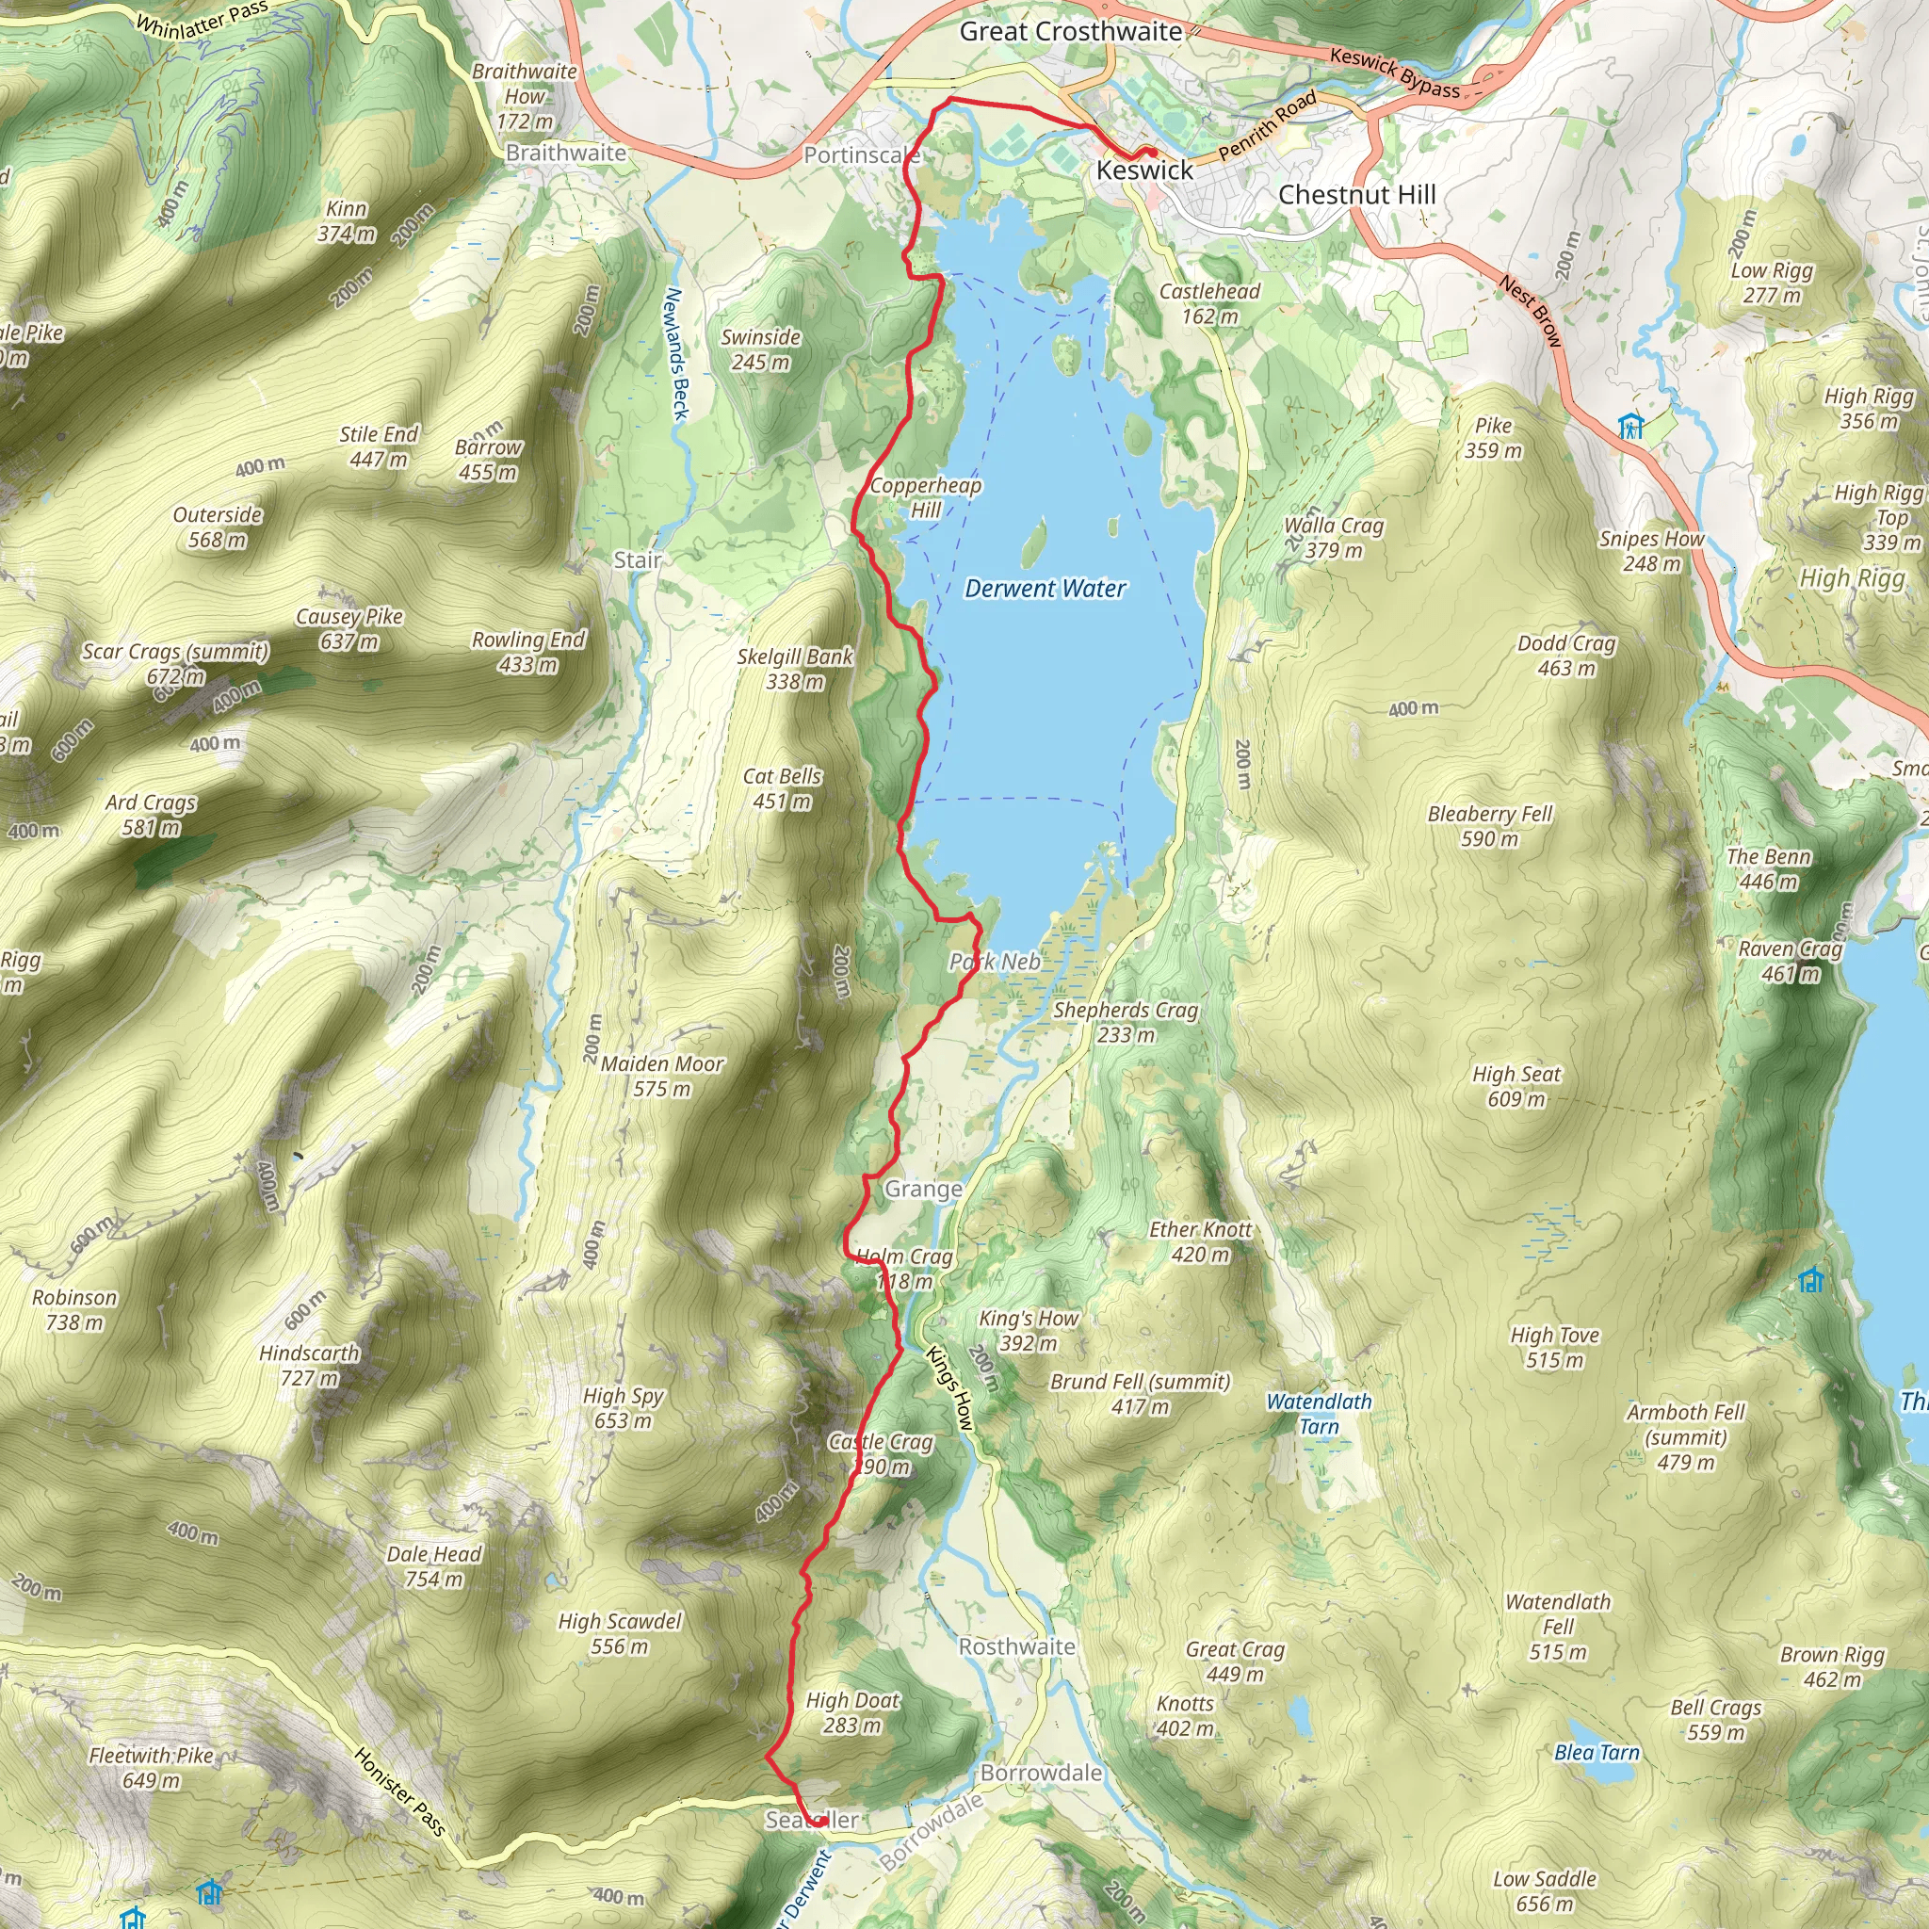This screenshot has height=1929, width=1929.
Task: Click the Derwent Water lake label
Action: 1045,589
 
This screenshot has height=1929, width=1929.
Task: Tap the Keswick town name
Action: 1144,170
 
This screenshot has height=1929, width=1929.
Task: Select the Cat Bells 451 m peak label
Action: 782,788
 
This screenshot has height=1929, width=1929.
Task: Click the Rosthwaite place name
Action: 1016,1646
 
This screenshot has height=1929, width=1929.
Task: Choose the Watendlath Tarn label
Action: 1319,1414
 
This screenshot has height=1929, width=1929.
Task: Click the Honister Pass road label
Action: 399,1791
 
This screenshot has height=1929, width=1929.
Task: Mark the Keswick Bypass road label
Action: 1394,73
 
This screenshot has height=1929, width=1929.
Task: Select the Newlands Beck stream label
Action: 677,354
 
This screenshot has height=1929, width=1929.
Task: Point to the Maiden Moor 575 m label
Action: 662,1077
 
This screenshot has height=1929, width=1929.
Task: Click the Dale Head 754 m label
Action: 433,1566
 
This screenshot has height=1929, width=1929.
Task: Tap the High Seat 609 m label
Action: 1516,1086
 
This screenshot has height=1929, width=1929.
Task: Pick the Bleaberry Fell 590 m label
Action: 1490,826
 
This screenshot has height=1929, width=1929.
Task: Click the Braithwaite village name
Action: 565,153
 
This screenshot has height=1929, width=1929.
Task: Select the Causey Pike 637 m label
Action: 349,629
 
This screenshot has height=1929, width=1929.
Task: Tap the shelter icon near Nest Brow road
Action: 1630,427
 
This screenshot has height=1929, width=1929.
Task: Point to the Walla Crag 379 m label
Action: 1334,537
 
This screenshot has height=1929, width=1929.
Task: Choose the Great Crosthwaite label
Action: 1070,32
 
